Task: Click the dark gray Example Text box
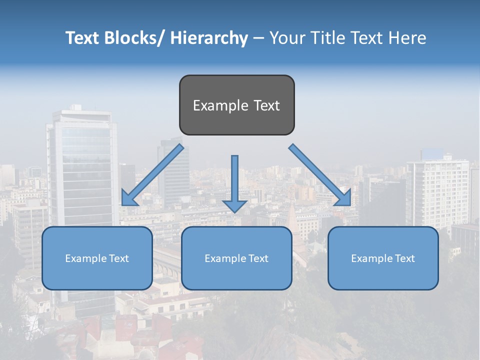pos(236,105)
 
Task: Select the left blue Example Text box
pos(97,258)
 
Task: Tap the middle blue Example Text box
pos(236,258)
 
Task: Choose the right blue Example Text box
pos(383,258)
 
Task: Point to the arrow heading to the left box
pos(152,175)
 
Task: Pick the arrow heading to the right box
pos(320,175)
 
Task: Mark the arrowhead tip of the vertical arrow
pos(234,212)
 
